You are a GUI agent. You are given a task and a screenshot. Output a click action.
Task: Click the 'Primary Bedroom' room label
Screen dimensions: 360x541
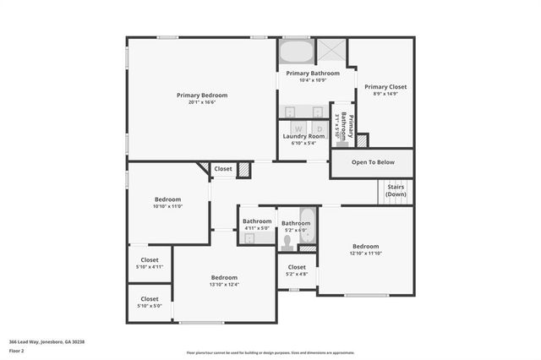pyautogui.click(x=202, y=95)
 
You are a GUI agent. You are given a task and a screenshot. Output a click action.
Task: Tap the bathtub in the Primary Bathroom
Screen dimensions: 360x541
pyautogui.click(x=295, y=52)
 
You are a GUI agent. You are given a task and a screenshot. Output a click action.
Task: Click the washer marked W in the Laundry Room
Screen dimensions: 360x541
pyautogui.click(x=298, y=128)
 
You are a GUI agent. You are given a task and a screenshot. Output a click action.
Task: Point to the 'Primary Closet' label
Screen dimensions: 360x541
pyautogui.click(x=385, y=86)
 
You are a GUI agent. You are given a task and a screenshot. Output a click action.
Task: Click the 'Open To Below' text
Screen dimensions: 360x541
pyautogui.click(x=373, y=162)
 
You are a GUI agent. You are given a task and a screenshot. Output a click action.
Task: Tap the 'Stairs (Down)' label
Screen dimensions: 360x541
pyautogui.click(x=396, y=190)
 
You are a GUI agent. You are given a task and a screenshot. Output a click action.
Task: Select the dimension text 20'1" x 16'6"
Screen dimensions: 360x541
pyautogui.click(x=202, y=103)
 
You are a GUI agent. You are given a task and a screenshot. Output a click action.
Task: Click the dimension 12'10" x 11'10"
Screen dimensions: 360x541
pyautogui.click(x=366, y=254)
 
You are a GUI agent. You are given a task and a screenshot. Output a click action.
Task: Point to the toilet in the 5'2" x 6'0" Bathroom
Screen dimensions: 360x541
pyautogui.click(x=287, y=242)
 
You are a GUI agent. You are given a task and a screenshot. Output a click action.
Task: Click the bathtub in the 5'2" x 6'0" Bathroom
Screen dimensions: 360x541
pyautogui.click(x=308, y=227)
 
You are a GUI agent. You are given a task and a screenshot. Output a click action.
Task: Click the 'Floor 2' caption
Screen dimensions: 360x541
pyautogui.click(x=17, y=350)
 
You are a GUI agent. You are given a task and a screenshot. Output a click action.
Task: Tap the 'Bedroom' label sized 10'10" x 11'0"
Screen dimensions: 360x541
pyautogui.click(x=168, y=199)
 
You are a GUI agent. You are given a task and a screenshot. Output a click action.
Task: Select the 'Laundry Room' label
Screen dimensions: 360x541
pyautogui.click(x=303, y=136)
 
